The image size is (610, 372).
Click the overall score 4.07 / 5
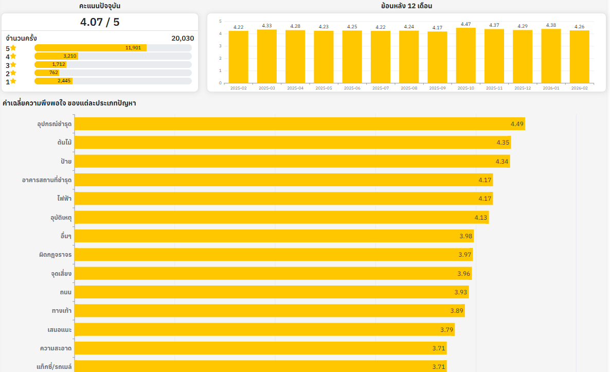[100, 22]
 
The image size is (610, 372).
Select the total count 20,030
[183, 38]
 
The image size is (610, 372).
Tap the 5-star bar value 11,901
[133, 48]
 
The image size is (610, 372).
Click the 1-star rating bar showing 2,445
[53, 81]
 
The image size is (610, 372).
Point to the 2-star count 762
[53, 73]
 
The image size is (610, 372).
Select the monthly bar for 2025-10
[465, 55]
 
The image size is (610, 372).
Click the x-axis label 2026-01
[551, 88]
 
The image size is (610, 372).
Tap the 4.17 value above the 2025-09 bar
[437, 28]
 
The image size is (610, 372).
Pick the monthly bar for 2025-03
[267, 56]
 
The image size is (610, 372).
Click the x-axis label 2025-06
[352, 88]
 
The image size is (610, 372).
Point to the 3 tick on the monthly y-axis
[220, 46]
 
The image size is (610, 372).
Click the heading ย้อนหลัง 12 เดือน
[406, 6]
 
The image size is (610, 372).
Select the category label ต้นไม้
[64, 143]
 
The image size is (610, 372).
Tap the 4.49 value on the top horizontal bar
[517, 123]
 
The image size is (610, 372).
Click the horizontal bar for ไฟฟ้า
[283, 199]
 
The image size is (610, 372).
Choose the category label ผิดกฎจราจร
[55, 255]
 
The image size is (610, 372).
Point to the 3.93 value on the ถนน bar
[461, 292]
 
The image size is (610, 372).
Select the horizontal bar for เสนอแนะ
[264, 330]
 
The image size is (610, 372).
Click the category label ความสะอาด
[56, 348]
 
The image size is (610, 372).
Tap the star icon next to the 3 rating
[13, 65]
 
